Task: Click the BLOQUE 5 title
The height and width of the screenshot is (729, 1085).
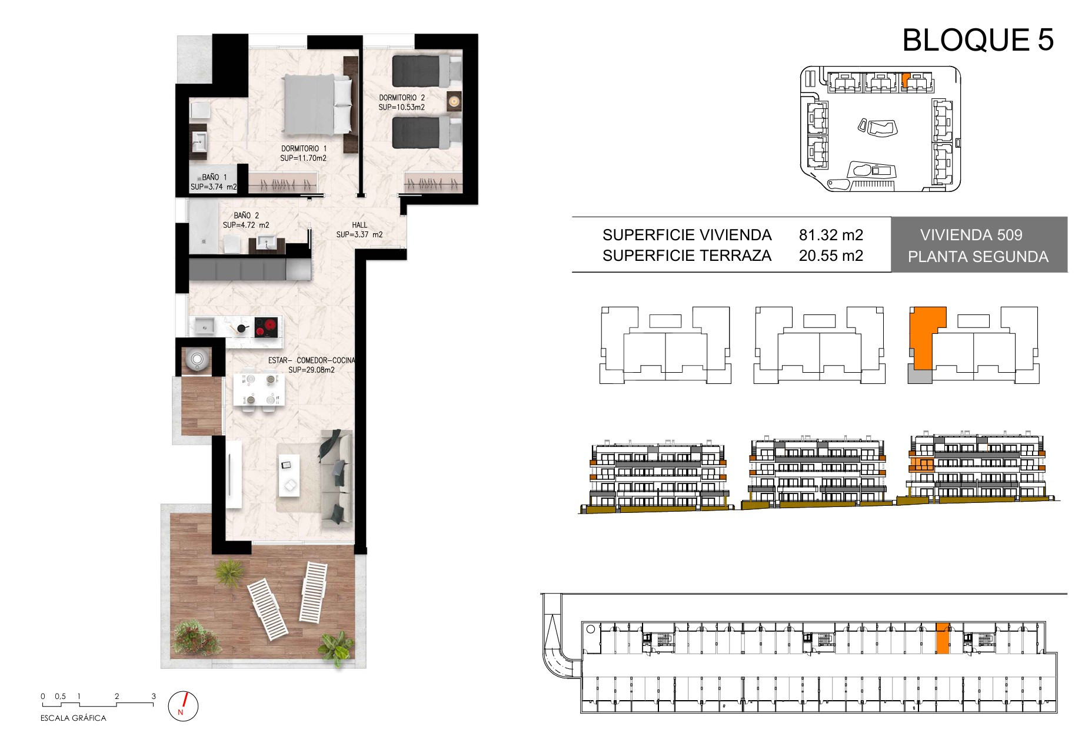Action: [977, 40]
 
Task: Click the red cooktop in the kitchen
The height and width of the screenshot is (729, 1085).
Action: [266, 327]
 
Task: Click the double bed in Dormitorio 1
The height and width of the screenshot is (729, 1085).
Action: [318, 104]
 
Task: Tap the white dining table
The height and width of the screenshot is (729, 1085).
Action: [259, 390]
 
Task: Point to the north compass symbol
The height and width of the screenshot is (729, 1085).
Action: [184, 705]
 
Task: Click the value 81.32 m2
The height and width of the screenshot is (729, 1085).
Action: [831, 235]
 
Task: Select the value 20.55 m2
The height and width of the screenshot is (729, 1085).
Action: [831, 256]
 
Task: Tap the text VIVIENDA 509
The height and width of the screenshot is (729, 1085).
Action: [971, 235]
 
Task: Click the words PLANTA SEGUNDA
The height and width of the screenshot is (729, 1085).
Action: [978, 257]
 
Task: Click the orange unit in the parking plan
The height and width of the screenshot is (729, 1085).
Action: [943, 638]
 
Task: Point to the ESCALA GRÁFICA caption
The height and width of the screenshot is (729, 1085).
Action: [74, 718]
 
